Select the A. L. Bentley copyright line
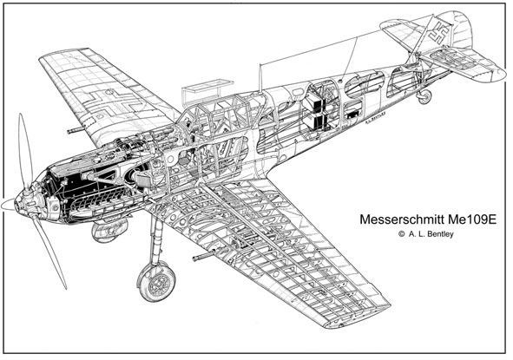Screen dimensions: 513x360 (x=426, y=234)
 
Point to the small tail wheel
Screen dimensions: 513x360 (x=424, y=96)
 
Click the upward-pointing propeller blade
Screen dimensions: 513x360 (x=25, y=151)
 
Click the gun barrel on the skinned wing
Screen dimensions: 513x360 (x=76, y=130)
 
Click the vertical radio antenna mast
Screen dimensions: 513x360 (x=260, y=77)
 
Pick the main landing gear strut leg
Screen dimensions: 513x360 (x=155, y=239)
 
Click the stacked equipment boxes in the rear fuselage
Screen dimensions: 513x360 (x=315, y=113)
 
